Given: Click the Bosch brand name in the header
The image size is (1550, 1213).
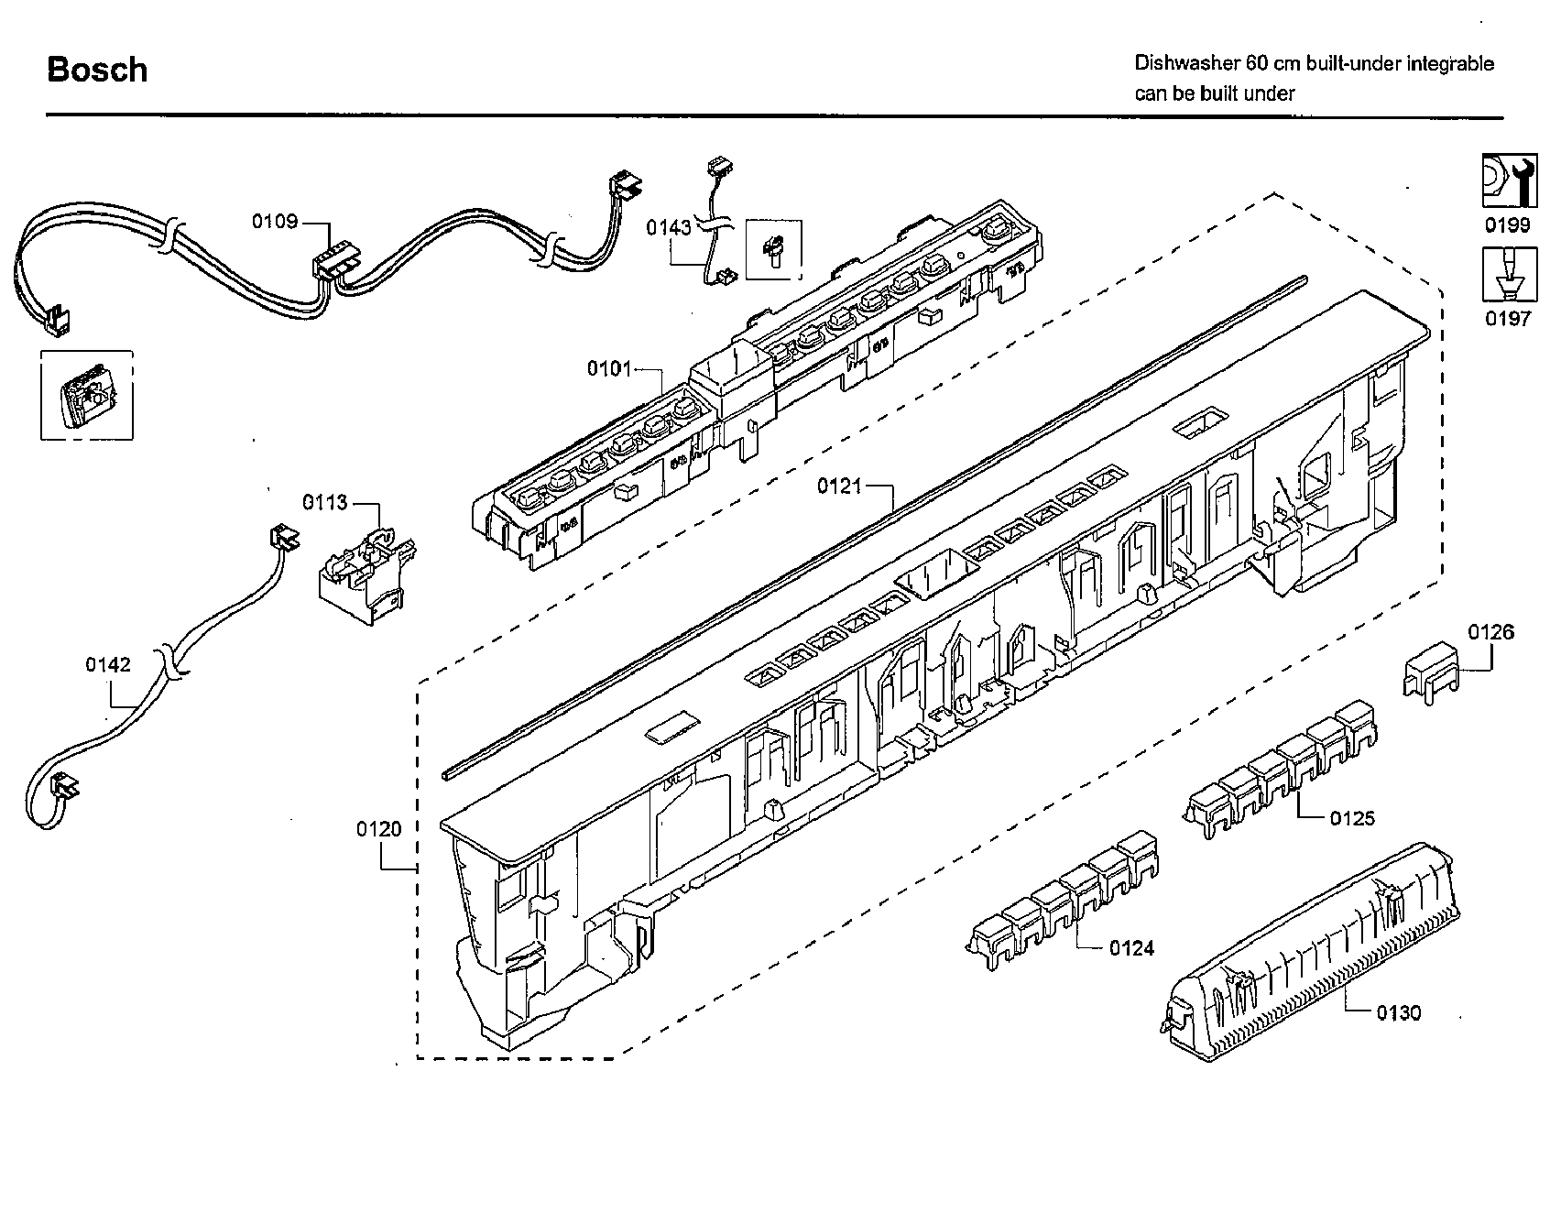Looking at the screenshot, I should (x=97, y=71).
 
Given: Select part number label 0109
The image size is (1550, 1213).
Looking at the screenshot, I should (x=275, y=221).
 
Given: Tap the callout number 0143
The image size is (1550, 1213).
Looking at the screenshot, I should (x=668, y=227).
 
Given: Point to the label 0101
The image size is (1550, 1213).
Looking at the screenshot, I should (x=609, y=368).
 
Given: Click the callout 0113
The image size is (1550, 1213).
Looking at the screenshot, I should (x=325, y=502).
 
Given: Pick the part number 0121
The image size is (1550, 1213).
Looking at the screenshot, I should (x=839, y=486).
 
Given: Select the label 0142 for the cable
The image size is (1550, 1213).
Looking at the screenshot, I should (x=108, y=664).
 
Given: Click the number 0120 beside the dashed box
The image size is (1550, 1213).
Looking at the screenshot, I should (x=378, y=829).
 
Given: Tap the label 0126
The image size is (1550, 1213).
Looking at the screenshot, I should (x=1490, y=632).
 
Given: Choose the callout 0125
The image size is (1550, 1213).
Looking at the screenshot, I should (x=1352, y=818).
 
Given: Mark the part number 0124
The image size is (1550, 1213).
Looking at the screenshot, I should (x=1131, y=948).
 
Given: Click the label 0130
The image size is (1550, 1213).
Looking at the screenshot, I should (x=1398, y=1012).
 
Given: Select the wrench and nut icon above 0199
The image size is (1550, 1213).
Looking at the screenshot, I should (x=1509, y=182).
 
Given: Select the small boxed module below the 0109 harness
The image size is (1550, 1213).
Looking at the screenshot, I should (x=86, y=396).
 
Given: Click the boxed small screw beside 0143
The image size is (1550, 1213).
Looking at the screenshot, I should (x=774, y=248).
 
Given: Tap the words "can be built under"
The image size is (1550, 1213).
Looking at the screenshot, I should (x=1215, y=93).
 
